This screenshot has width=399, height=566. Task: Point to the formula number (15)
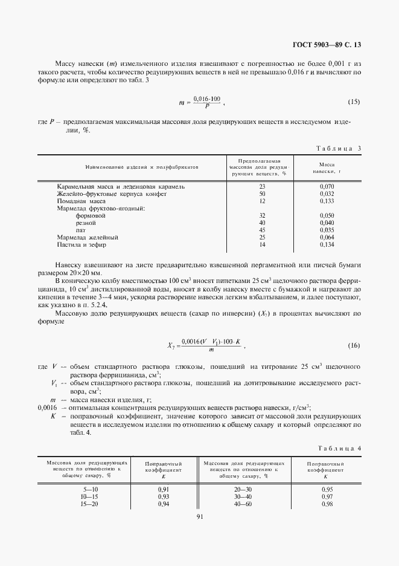point(354,101)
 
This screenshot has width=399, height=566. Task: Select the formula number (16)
point(354,345)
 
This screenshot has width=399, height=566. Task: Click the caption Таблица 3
point(339,148)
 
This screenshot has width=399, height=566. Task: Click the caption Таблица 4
point(339,448)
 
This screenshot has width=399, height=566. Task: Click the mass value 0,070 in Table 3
point(327,186)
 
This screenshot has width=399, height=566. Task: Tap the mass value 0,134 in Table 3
point(327,244)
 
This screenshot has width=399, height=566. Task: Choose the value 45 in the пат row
point(262,230)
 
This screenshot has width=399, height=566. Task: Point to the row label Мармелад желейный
point(87,237)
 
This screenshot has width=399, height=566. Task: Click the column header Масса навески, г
point(327,168)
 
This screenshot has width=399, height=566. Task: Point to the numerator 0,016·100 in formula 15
point(207,98)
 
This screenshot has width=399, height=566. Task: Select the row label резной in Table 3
point(85,223)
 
